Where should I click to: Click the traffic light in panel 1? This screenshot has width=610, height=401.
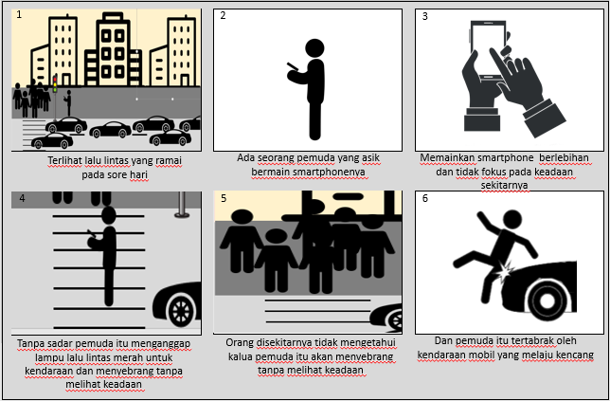click(55, 84)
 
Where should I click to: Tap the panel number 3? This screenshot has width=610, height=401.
click(424, 16)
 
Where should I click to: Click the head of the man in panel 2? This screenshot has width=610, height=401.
click(314, 48)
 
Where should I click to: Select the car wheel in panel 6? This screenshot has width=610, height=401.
click(547, 301)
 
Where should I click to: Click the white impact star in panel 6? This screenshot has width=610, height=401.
click(505, 272)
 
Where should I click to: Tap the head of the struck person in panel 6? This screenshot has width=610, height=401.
click(511, 221)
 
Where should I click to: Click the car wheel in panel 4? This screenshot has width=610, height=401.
click(181, 310)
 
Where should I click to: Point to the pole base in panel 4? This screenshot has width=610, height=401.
click(182, 213)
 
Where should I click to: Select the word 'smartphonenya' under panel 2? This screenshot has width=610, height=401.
click(309, 173)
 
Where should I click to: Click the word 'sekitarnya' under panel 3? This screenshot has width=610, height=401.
click(504, 185)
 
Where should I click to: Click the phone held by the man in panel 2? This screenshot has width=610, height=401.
click(293, 66)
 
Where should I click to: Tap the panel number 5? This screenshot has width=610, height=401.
click(224, 198)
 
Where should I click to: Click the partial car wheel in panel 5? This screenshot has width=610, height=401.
click(395, 320)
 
